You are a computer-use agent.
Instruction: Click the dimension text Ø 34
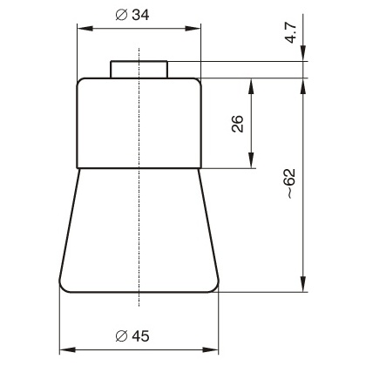point(132,15)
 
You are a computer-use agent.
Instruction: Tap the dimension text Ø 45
point(132,336)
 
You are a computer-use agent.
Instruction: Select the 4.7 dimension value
point(290,32)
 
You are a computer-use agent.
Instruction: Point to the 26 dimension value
point(237,124)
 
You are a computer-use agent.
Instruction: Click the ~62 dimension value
point(290,184)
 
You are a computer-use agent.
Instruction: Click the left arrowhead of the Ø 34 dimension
point(85,29)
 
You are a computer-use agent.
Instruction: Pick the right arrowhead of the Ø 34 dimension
point(193,29)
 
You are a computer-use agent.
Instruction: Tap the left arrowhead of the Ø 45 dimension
point(67,349)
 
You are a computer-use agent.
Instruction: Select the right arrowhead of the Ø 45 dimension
point(211,349)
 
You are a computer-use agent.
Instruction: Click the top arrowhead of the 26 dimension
point(252,86)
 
